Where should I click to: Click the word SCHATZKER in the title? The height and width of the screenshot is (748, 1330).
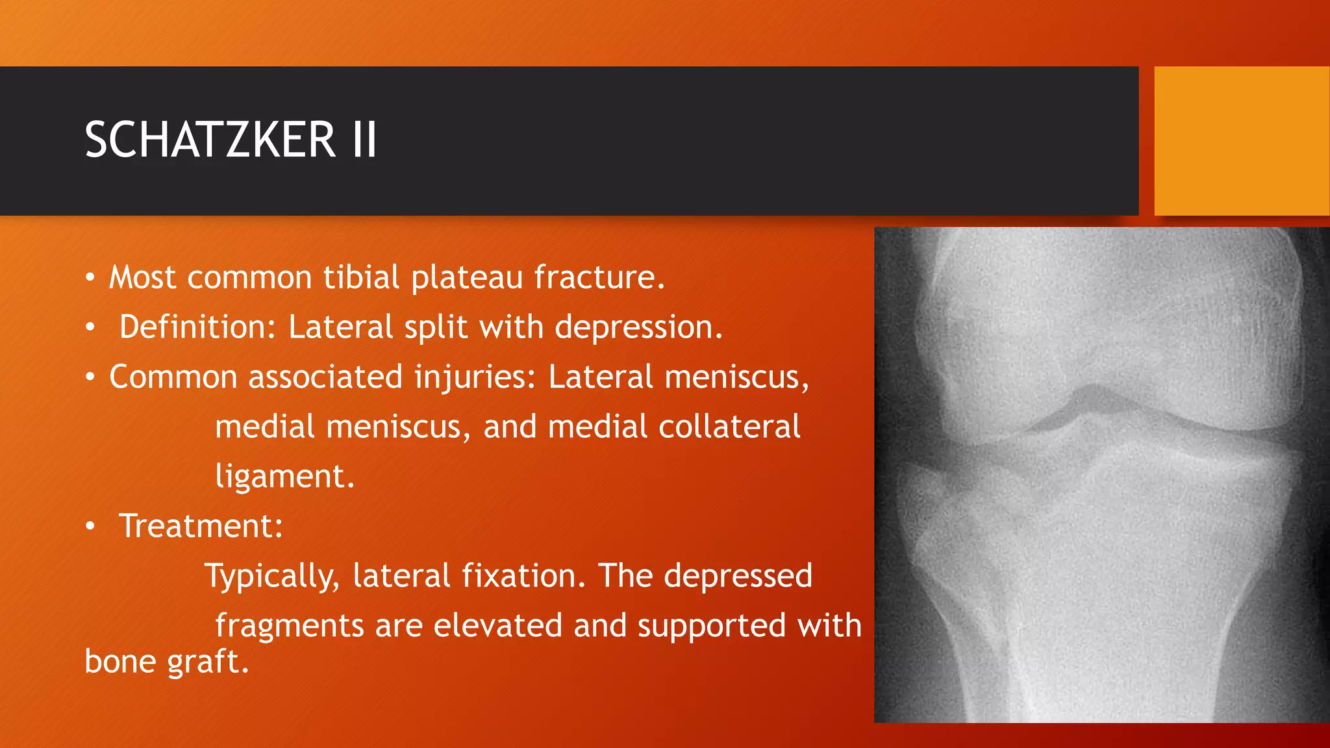(210, 140)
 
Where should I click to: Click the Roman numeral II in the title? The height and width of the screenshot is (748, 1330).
(364, 140)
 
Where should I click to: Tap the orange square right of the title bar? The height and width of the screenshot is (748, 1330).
(1241, 140)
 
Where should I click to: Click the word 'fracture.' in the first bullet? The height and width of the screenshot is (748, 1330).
(599, 277)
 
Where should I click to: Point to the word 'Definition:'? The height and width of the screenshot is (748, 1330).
(197, 327)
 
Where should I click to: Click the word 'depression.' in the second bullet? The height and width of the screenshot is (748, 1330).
(638, 327)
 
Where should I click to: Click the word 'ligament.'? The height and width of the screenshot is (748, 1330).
(284, 477)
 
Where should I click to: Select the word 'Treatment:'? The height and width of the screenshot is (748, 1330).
(201, 526)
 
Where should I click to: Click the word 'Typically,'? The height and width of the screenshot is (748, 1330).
(271, 576)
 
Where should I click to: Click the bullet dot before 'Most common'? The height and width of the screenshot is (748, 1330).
(91, 279)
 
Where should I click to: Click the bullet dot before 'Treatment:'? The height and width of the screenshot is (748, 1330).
(91, 527)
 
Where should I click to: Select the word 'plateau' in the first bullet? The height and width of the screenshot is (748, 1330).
(467, 277)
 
